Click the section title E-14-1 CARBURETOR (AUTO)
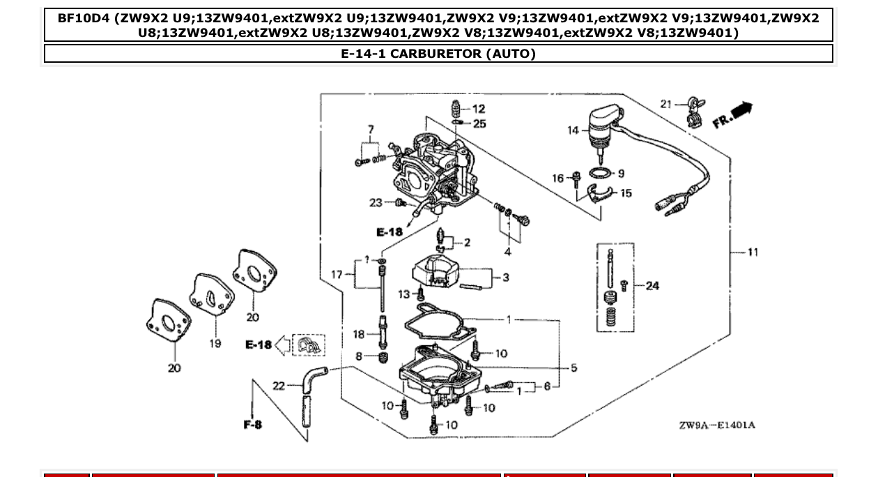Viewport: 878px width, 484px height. tap(438, 54)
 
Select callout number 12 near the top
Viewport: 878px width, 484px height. tap(479, 109)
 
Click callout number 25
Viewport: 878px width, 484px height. tap(479, 124)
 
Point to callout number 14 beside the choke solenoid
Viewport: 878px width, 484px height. tap(573, 130)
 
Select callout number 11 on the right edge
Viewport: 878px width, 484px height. tap(753, 252)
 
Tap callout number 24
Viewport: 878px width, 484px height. tap(652, 285)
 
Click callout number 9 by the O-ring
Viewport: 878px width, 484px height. tap(621, 174)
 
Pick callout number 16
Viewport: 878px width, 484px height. tap(558, 179)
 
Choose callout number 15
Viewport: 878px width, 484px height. tap(626, 193)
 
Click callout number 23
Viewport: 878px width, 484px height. tap(376, 203)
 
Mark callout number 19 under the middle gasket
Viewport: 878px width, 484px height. tap(215, 343)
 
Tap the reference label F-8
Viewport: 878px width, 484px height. tap(253, 424)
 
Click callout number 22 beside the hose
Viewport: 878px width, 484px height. tap(279, 386)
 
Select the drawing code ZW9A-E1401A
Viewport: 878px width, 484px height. tap(717, 425)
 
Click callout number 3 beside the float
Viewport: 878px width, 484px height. tap(506, 278)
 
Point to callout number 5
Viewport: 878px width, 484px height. tap(573, 368)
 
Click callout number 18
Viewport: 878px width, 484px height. tap(358, 335)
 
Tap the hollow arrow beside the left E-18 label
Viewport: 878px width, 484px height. tap(283, 345)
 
